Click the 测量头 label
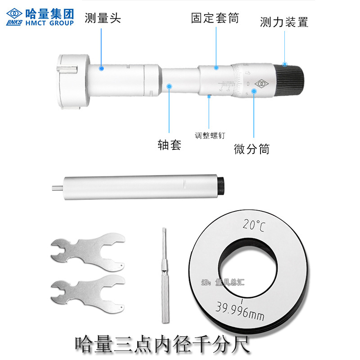[x=103, y=18]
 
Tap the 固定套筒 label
[x=215, y=18]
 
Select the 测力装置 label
[x=284, y=22]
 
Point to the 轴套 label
[x=169, y=145]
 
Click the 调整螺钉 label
[x=210, y=135]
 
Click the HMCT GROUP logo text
[x=49, y=22]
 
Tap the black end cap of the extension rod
[x=220, y=186]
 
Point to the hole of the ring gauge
[x=248, y=270]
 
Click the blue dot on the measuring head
[x=102, y=68]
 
